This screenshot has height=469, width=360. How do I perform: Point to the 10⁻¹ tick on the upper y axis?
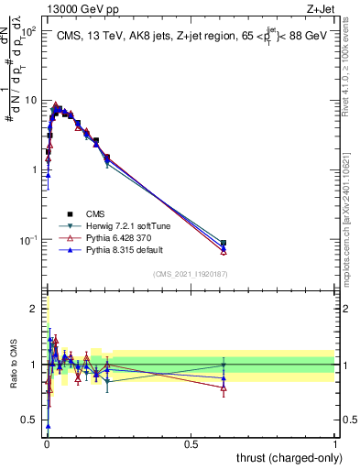[x=28, y=240]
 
